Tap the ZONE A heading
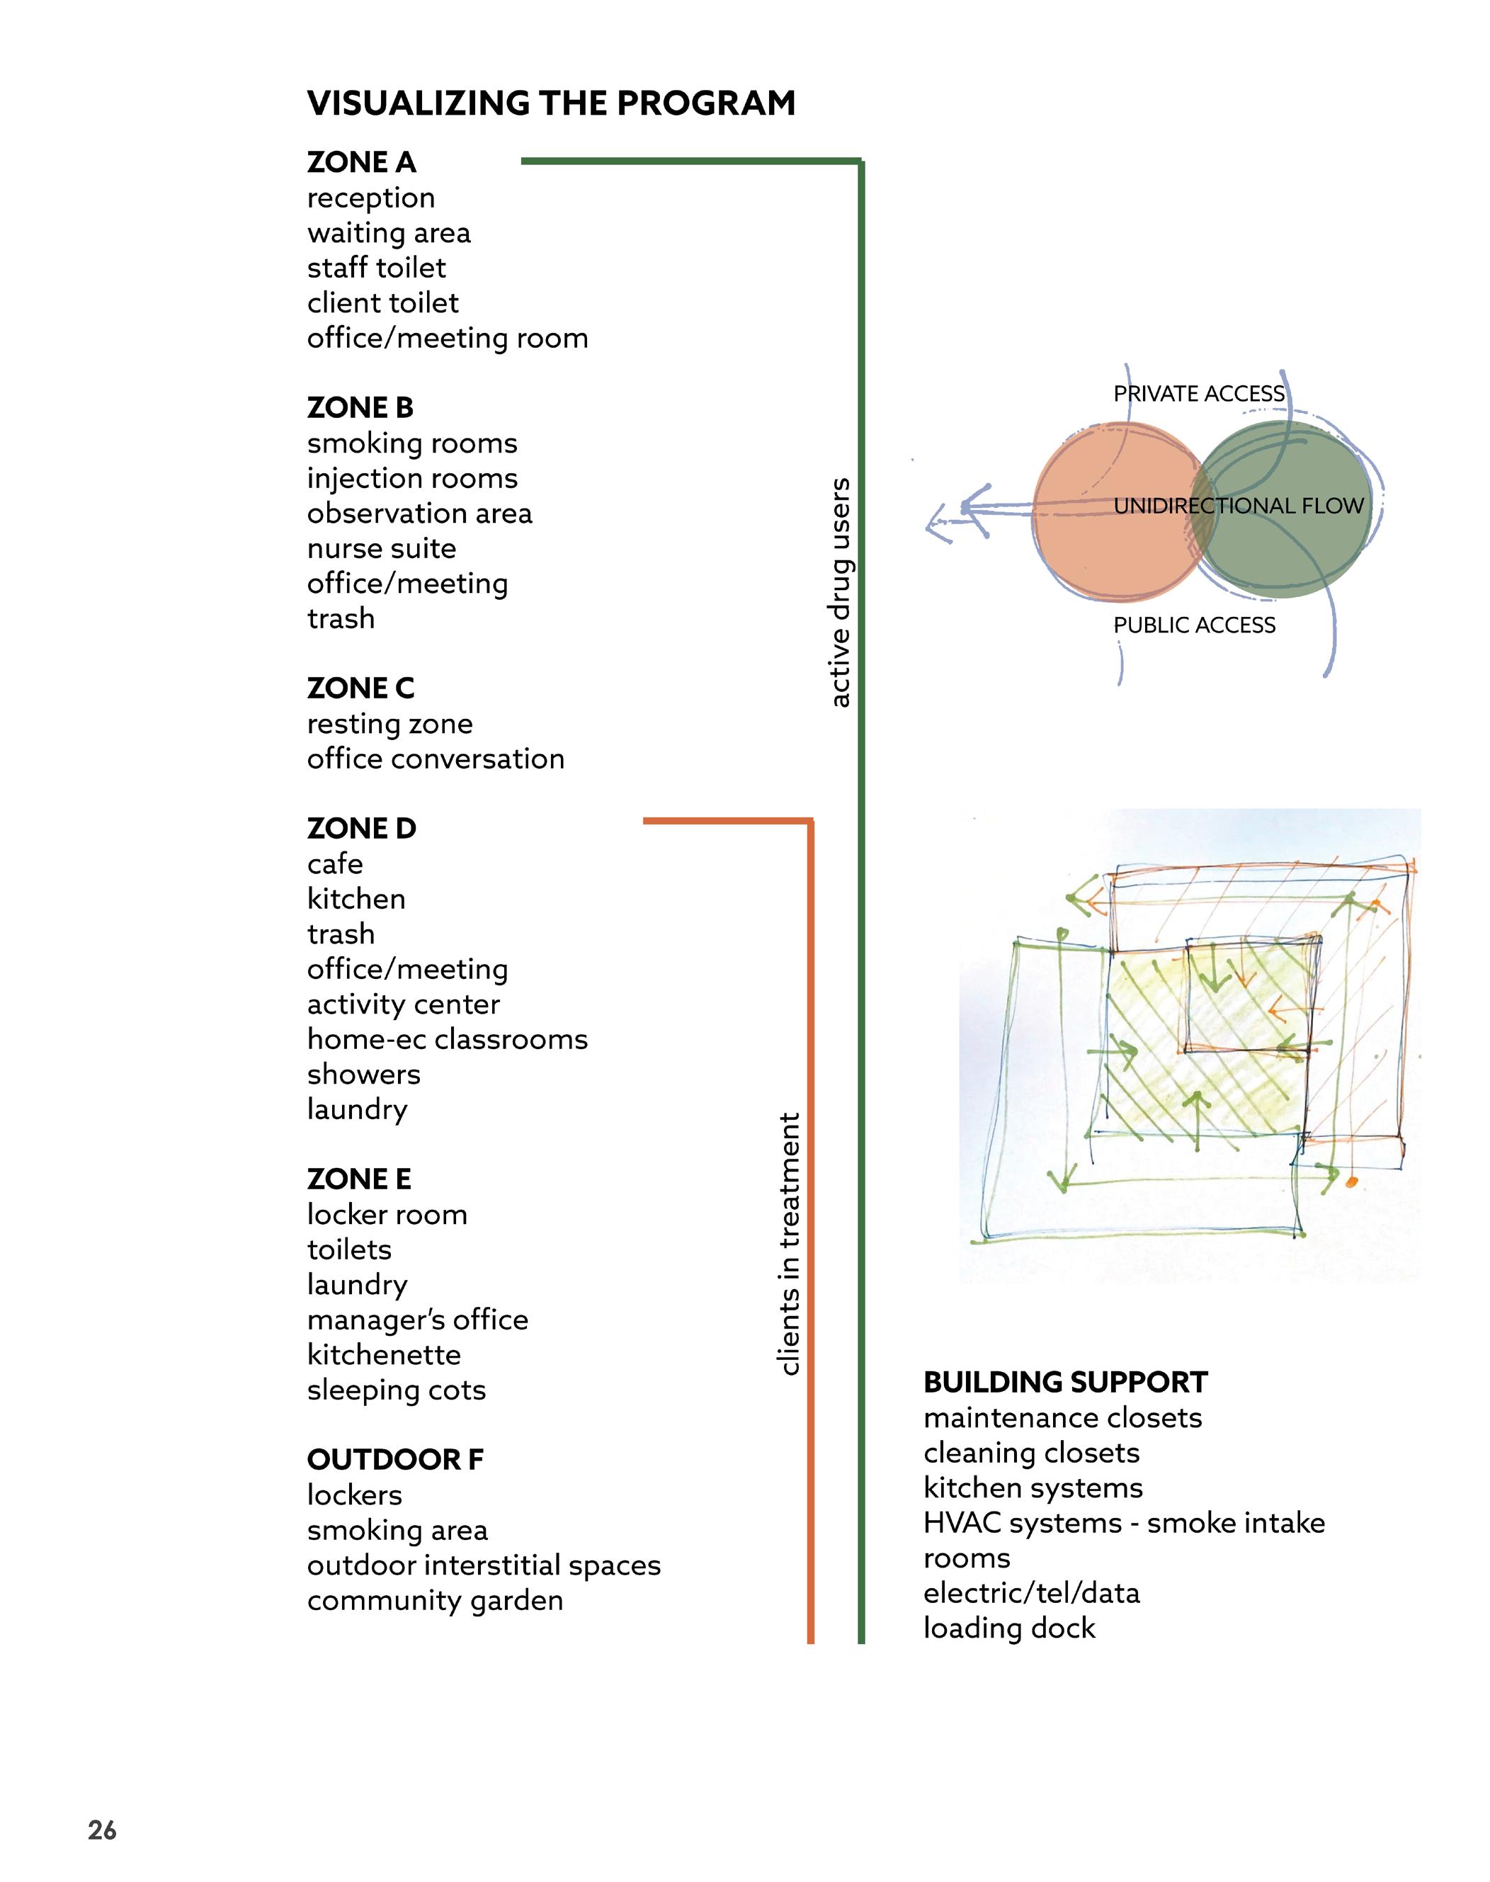(x=361, y=162)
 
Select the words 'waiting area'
(x=388, y=233)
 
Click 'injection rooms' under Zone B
(x=411, y=478)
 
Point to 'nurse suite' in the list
(x=381, y=549)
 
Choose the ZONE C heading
(x=360, y=688)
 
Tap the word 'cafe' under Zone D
(x=335, y=863)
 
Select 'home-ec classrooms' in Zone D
(x=447, y=1039)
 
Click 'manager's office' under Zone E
(x=417, y=1319)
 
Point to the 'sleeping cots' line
(x=396, y=1390)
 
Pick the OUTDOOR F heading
(x=394, y=1460)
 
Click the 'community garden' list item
(x=434, y=1600)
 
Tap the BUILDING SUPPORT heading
(x=1065, y=1382)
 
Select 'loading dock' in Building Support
(x=1008, y=1628)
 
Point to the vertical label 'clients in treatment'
(x=789, y=1243)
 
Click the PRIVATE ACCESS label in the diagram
(x=1199, y=394)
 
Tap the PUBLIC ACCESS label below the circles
(x=1193, y=625)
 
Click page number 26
(x=102, y=1830)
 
